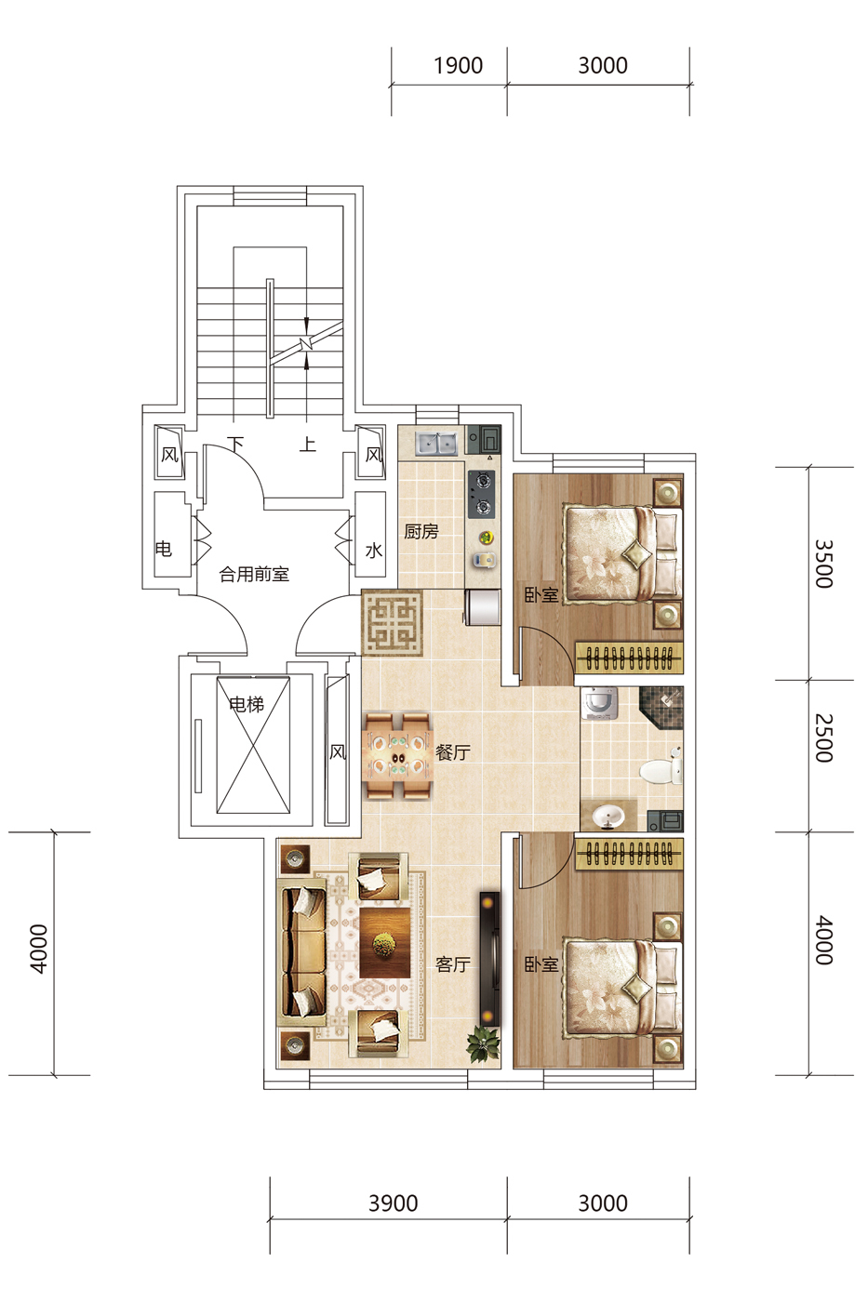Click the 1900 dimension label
[x=458, y=66]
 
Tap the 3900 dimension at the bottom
[x=393, y=1203]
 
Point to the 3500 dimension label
[x=824, y=564]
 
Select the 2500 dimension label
[x=824, y=738]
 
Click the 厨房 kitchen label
[x=421, y=531]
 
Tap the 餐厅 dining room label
[x=453, y=752]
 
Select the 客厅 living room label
[x=453, y=964]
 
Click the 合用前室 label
[x=254, y=575]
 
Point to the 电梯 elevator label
[x=247, y=705]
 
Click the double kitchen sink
[x=436, y=445]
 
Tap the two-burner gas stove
[x=482, y=494]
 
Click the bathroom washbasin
[x=608, y=817]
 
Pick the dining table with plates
[x=397, y=755]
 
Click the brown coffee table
[x=385, y=942]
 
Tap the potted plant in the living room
[x=483, y=1043]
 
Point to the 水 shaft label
[x=374, y=550]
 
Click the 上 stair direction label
[x=308, y=445]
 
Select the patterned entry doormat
[x=393, y=623]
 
